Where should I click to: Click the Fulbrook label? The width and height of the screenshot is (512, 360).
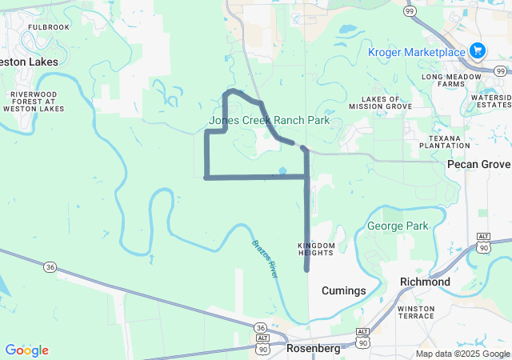coord(49,26)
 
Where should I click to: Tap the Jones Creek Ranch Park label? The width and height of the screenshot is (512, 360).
coord(270,120)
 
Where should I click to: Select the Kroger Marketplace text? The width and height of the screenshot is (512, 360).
coord(416,53)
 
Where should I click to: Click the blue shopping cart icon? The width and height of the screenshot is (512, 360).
coord(478,50)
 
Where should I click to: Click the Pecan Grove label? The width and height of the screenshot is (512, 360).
coord(483,164)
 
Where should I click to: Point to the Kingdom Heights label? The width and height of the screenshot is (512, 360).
coord(315,249)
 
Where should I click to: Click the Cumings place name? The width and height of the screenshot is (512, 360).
coord(343,290)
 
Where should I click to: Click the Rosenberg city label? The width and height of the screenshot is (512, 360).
coord(314,349)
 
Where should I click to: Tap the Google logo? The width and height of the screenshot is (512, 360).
coord(26,350)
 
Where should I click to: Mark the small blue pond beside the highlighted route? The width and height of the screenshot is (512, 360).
coord(282,170)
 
